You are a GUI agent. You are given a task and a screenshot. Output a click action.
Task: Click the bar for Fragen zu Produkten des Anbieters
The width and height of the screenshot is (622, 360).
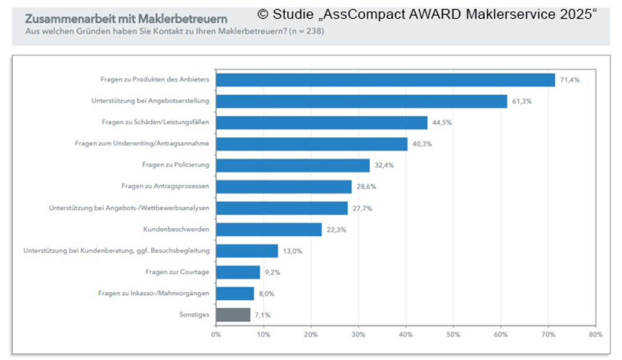click(385, 80)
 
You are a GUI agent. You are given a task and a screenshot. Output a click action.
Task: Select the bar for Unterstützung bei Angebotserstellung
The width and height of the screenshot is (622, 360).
click(361, 101)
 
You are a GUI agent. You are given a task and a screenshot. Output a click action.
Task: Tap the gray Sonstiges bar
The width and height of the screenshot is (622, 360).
click(233, 315)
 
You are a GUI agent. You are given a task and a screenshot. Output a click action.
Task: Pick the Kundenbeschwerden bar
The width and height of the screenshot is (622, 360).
click(269, 229)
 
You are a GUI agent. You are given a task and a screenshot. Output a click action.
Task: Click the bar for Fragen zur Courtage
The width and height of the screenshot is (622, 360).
click(238, 272)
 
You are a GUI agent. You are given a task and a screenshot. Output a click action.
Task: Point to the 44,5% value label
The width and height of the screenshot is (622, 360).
click(442, 122)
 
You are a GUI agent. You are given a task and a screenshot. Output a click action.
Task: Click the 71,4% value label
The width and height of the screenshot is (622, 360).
click(570, 80)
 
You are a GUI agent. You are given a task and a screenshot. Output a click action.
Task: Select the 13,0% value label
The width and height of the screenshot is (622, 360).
click(292, 251)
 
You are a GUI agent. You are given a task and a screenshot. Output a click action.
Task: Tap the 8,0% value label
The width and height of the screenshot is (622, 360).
click(266, 293)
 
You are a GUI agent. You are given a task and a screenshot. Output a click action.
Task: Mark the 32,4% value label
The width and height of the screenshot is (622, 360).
click(384, 165)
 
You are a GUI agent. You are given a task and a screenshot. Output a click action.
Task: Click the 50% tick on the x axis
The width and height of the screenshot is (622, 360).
click(453, 335)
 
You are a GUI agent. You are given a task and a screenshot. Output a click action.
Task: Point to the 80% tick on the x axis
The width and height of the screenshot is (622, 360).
click(595, 335)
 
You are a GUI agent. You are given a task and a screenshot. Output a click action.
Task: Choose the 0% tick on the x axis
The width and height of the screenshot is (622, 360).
click(216, 335)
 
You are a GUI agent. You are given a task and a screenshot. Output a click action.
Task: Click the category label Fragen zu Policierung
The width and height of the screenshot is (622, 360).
click(175, 165)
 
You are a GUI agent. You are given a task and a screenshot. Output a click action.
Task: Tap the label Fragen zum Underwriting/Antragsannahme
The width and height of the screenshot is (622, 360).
click(142, 144)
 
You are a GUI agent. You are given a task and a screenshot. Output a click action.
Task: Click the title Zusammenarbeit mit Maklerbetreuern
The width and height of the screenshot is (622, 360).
click(126, 19)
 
